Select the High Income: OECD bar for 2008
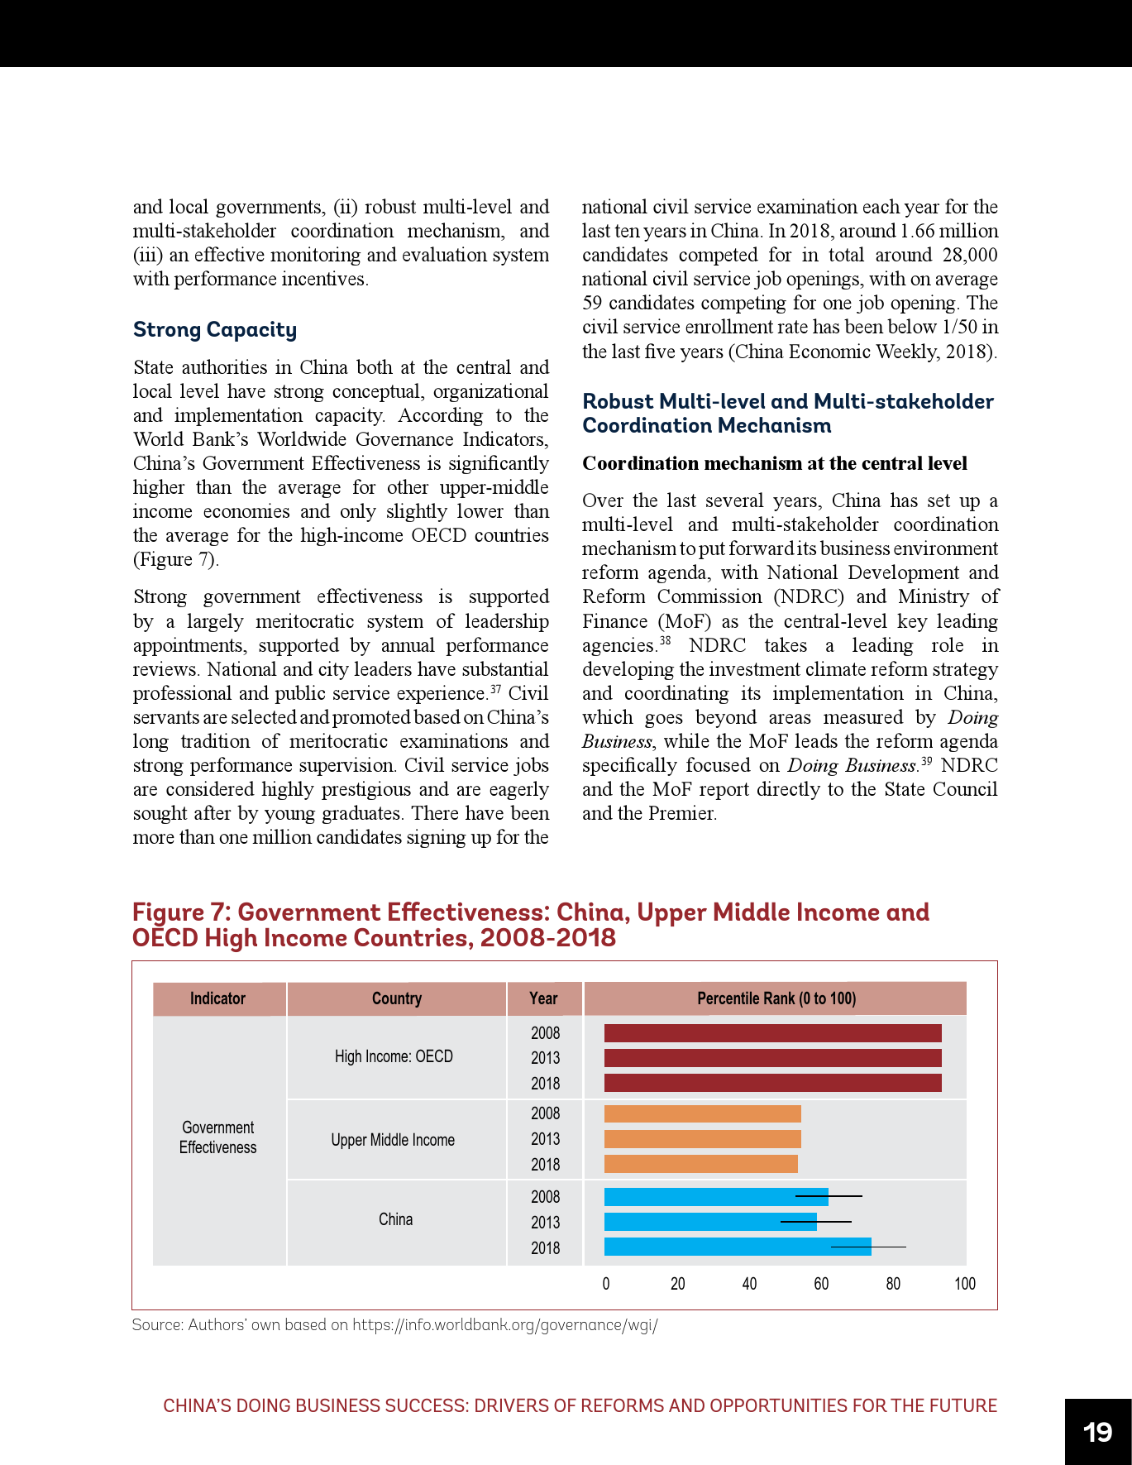tap(772, 1033)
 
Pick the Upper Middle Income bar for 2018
tap(700, 1164)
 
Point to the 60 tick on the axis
tap(821, 1284)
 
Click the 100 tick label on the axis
tap(964, 1284)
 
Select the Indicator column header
tap(217, 998)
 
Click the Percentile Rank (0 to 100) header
tap(776, 998)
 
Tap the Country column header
tap(396, 998)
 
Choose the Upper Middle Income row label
tap(393, 1140)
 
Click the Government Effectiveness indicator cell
tap(218, 1137)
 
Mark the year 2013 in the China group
tap(545, 1223)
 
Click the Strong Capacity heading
tap(215, 329)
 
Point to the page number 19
tap(1097, 1432)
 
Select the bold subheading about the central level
tap(774, 463)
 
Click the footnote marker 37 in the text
tap(496, 688)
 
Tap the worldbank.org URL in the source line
tap(504, 1325)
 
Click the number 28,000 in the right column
tap(969, 255)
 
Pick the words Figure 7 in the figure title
tap(180, 912)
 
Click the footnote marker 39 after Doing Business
tap(926, 760)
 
